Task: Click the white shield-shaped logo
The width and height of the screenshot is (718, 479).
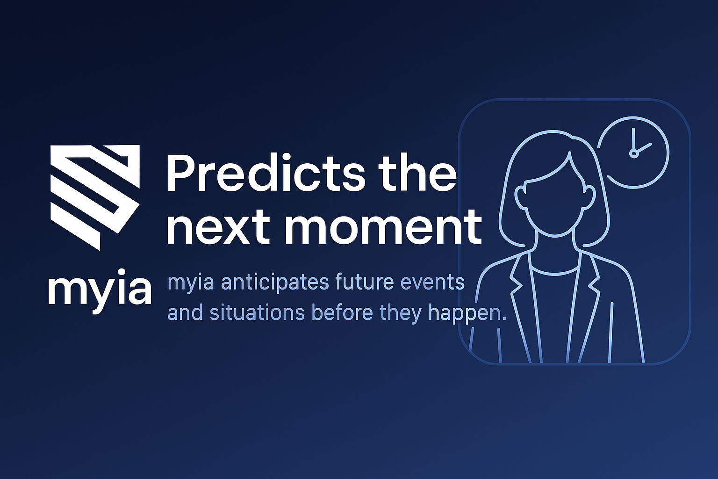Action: coord(95,196)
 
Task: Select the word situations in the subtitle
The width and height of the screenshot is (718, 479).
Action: coord(257,312)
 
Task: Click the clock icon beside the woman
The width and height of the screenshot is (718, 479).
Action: coord(634,152)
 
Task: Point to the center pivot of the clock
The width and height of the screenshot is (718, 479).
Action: coord(634,153)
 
